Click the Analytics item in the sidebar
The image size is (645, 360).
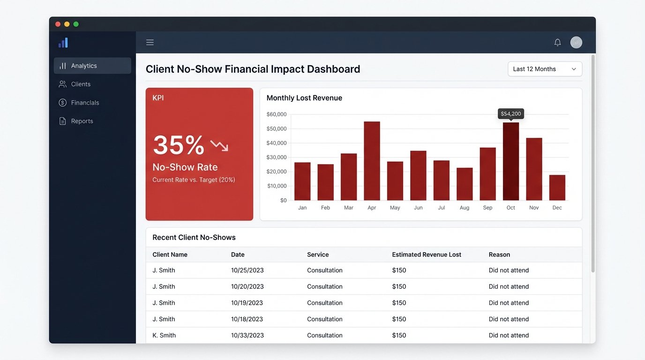[x=92, y=66]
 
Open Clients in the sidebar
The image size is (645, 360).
[x=81, y=84]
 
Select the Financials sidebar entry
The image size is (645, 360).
[x=85, y=103]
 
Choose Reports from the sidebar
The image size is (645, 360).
[x=82, y=121]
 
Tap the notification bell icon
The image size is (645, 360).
[x=557, y=43]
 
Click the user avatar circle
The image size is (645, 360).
[x=576, y=43]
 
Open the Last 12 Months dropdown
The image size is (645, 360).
[x=545, y=69]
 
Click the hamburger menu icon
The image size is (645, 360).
[x=150, y=43]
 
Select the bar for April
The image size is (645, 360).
[x=372, y=161]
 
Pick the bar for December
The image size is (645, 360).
[x=557, y=187]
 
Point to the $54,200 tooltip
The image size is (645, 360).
[x=510, y=114]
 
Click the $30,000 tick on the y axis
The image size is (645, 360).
[x=277, y=157]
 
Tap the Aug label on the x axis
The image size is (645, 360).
[x=465, y=208]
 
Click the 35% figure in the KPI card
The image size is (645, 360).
[x=179, y=145]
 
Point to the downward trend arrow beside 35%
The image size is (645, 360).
[x=219, y=146]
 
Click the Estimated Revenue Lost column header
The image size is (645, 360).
[x=427, y=255]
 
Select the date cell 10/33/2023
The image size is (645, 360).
[x=247, y=335]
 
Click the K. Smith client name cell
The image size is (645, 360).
[x=164, y=335]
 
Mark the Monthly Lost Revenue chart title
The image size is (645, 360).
[x=304, y=98]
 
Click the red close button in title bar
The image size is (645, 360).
[x=58, y=24]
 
